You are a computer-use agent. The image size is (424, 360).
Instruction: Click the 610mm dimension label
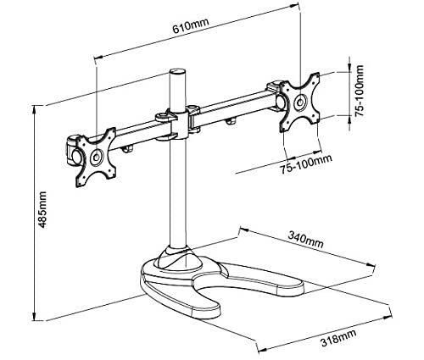(x=191, y=25)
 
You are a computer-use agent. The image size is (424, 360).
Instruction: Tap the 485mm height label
(x=42, y=209)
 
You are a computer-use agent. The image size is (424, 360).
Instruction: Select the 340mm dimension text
(x=305, y=240)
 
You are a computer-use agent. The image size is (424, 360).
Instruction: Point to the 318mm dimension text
(x=338, y=338)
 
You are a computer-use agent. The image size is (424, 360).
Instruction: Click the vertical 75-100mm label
(x=359, y=91)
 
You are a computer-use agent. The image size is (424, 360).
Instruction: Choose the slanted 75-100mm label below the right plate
(x=306, y=164)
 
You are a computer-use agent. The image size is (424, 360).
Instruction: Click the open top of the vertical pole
(x=177, y=70)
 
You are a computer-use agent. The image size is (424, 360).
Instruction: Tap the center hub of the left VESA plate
(x=97, y=158)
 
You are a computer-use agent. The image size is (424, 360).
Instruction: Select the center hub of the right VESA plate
(x=300, y=102)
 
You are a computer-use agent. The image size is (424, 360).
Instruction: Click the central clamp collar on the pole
(x=178, y=124)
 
